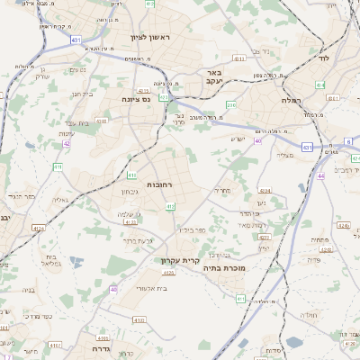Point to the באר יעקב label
(x=213, y=77)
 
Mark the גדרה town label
(x=99, y=347)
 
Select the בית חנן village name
(x=83, y=94)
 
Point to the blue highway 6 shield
(x=349, y=142)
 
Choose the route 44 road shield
(x=321, y=175)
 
